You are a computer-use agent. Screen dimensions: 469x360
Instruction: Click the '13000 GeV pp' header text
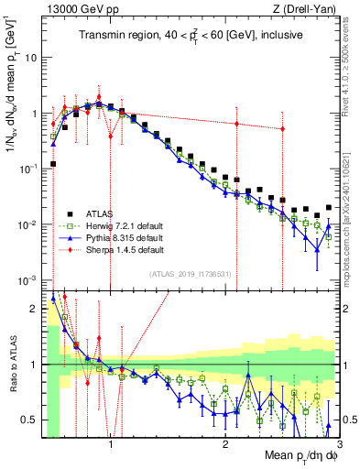point(75,9)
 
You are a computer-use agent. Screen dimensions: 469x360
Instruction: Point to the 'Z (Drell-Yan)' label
point(309,9)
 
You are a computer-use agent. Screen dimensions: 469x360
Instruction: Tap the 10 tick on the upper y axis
point(29,57)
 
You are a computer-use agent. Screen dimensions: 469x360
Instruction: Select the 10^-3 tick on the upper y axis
point(27,279)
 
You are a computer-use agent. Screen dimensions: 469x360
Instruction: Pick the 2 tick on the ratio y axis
point(32,309)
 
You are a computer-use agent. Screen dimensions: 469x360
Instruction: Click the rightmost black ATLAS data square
point(329,207)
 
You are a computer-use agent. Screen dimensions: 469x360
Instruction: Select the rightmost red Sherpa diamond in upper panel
point(282,129)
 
